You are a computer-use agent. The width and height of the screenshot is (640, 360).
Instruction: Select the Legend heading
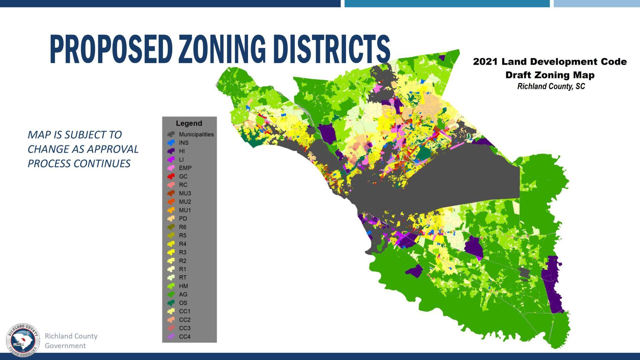[189, 123]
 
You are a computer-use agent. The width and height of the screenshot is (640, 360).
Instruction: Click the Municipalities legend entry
[196, 134]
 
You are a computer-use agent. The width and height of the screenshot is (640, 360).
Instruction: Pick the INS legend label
[184, 143]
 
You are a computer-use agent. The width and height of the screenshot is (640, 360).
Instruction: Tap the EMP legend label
[185, 168]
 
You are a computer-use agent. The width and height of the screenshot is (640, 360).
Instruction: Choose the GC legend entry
[183, 176]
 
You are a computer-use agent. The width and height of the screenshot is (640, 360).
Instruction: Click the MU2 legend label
[185, 202]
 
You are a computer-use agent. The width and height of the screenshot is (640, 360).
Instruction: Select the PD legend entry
[183, 219]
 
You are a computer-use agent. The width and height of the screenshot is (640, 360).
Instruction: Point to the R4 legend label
[182, 244]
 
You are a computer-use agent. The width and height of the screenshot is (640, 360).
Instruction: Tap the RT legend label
[183, 278]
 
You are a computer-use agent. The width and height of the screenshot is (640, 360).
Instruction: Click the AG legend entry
[183, 294]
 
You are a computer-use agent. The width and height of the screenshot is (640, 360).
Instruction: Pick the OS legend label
[183, 303]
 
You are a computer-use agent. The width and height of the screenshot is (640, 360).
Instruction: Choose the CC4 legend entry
[185, 337]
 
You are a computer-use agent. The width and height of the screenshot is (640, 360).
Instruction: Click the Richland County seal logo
[23, 340]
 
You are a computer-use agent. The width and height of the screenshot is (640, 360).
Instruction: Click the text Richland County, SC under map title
[551, 86]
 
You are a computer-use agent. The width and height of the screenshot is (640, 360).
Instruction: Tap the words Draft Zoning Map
[550, 75]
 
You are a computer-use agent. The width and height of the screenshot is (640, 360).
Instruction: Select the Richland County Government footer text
[71, 341]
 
